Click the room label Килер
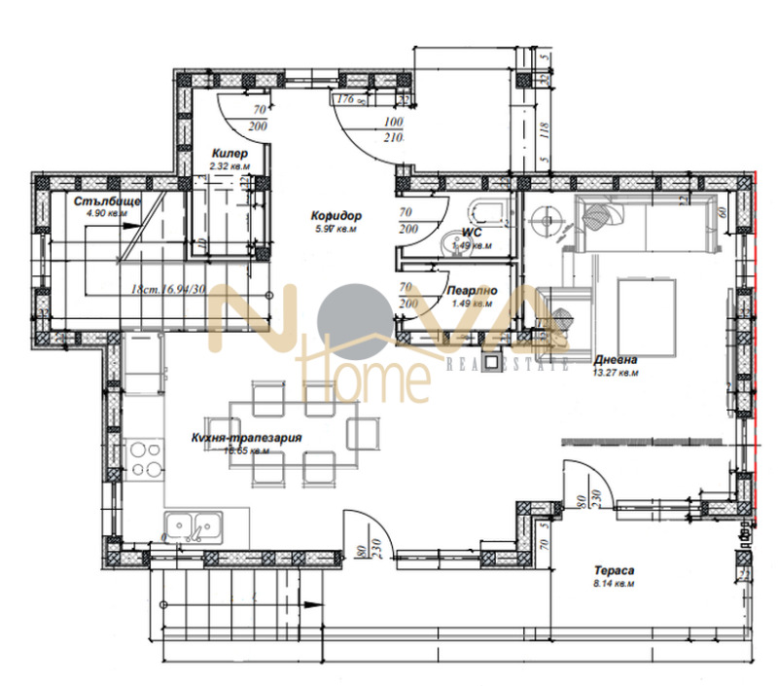coord(230,154)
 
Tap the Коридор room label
coord(336,215)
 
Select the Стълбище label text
coord(108,200)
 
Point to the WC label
coord(473,233)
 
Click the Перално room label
coord(472,290)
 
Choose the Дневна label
coord(616,357)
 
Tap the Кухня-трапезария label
coord(246,438)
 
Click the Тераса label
coord(615,571)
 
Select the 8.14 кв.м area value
coord(615,585)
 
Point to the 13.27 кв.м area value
coord(617,371)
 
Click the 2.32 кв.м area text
coord(230,166)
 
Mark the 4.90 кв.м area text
coord(106,213)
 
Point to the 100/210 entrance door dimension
coord(394,128)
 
